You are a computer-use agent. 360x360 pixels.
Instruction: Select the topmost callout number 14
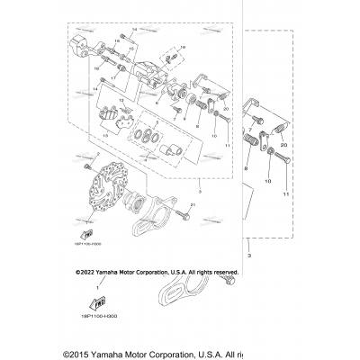coord(133,31)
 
